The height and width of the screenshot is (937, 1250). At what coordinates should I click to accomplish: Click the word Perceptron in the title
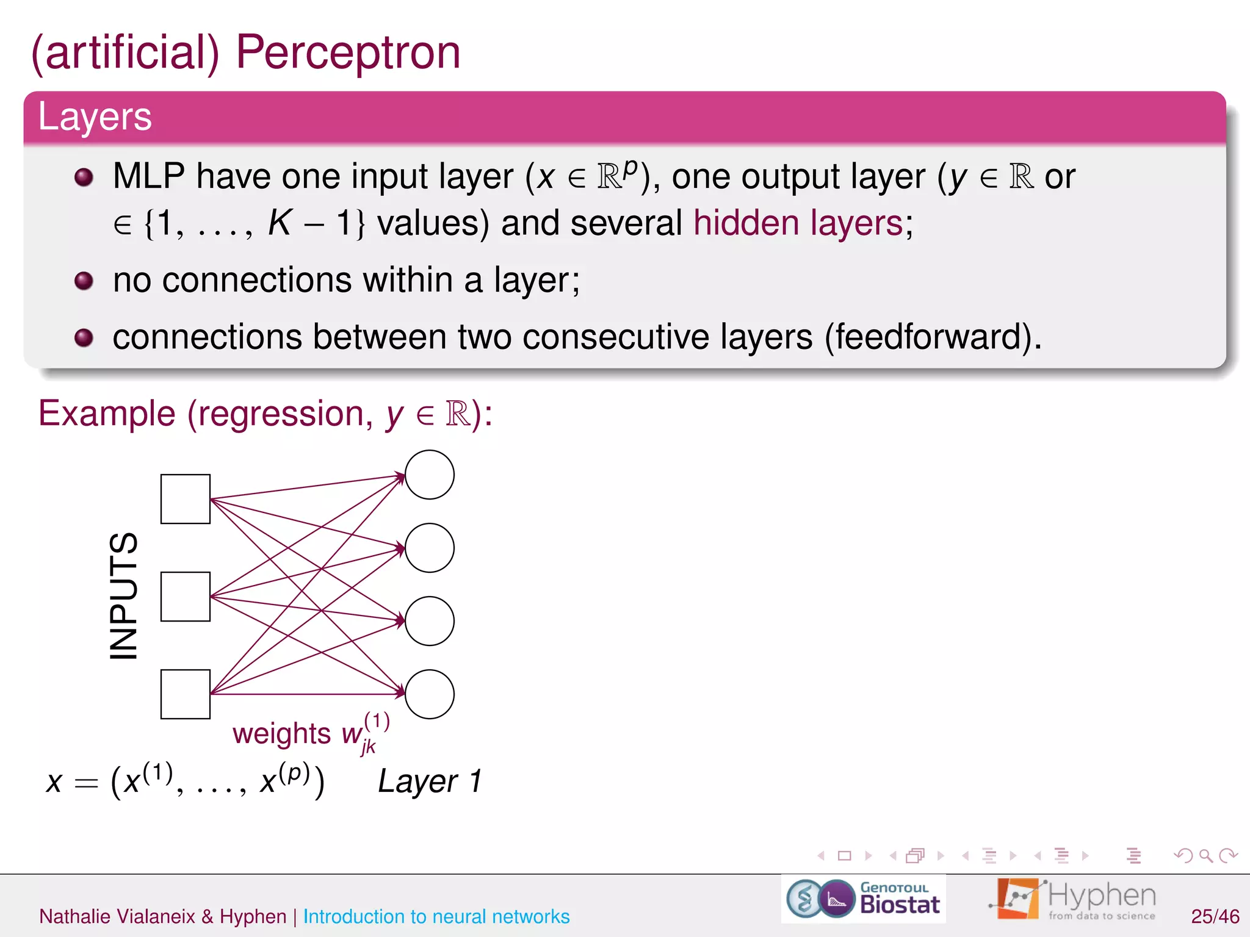[x=348, y=54]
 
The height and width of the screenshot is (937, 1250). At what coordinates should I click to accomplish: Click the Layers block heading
[x=95, y=117]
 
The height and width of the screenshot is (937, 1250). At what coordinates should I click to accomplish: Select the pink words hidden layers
[x=798, y=223]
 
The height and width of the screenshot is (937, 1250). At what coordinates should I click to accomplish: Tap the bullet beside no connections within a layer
[x=84, y=281]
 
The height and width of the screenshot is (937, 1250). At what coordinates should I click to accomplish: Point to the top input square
[x=186, y=499]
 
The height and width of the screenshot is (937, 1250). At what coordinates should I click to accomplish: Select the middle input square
[x=186, y=597]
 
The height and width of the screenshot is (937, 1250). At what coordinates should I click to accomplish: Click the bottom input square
[x=186, y=694]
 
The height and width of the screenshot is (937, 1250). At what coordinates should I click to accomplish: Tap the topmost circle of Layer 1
[x=430, y=475]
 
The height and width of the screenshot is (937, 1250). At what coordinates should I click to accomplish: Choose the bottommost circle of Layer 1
[x=430, y=694]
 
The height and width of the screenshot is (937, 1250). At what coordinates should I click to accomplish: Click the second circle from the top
[x=430, y=548]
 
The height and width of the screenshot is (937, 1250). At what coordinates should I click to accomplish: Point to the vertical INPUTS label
[x=124, y=596]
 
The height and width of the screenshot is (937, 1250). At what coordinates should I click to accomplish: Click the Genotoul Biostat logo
[x=864, y=899]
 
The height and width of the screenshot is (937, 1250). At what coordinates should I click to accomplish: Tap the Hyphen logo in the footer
[x=1074, y=899]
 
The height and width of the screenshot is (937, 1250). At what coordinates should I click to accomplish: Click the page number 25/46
[x=1215, y=916]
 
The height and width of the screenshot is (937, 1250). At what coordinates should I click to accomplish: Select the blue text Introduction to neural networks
[x=436, y=917]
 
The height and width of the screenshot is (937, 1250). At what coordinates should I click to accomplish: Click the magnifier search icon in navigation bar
[x=1205, y=856]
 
